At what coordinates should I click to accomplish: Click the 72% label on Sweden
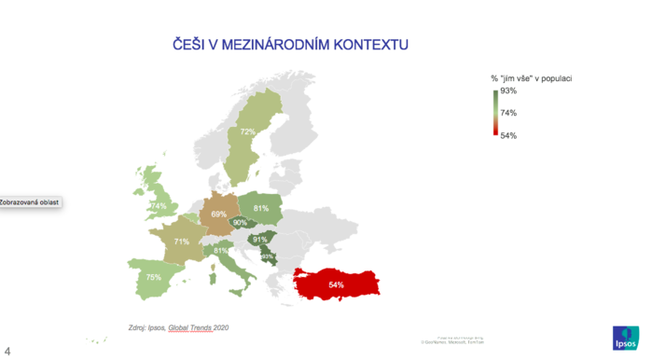[x=247, y=132]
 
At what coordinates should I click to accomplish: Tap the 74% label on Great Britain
[x=160, y=206]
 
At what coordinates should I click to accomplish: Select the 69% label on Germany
[x=219, y=215]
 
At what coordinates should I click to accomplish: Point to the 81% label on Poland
[x=261, y=208]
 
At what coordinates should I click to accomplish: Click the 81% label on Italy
[x=221, y=250]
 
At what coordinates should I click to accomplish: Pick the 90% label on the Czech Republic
[x=240, y=223]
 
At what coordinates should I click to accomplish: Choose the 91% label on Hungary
[x=260, y=240]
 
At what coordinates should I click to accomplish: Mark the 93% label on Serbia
[x=266, y=256]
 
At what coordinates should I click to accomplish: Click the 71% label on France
[x=181, y=242]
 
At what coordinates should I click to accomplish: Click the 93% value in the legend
[x=508, y=91]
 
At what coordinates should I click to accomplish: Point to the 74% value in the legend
[x=508, y=113]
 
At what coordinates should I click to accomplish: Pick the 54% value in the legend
[x=508, y=135]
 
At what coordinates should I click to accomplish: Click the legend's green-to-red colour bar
[x=494, y=113]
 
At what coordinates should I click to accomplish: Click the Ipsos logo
[x=625, y=337]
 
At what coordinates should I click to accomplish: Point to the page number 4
[x=7, y=351]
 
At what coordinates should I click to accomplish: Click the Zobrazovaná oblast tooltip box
[x=29, y=202]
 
